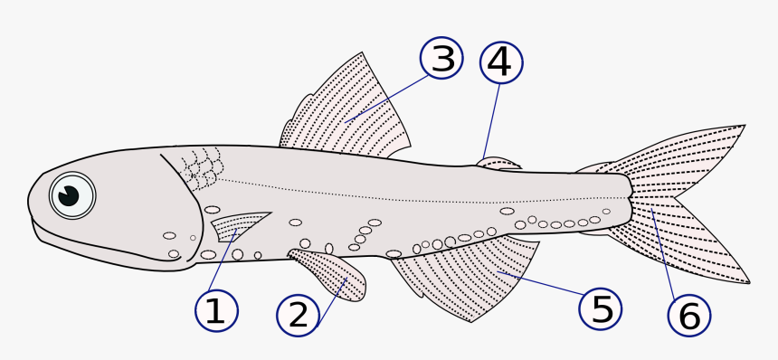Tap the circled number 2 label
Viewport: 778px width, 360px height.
298,314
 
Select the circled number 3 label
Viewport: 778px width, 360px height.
441,59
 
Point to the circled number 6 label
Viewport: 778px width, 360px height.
688,316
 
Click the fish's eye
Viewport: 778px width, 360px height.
71,194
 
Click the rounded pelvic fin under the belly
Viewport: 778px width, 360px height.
330,272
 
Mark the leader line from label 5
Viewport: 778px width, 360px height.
538,283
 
